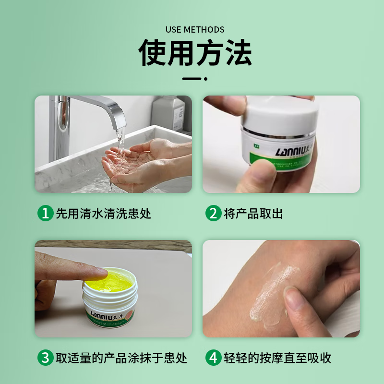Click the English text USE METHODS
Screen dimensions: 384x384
click(x=195, y=30)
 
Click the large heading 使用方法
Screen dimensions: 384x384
click(x=195, y=54)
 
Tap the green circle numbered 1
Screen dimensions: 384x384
click(x=45, y=213)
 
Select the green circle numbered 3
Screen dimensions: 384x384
click(x=45, y=358)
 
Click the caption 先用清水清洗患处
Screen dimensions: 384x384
click(x=103, y=213)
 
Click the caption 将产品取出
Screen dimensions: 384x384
click(x=253, y=213)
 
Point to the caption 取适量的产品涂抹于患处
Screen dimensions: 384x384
click(x=121, y=358)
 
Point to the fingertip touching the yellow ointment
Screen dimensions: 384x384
click(x=98, y=274)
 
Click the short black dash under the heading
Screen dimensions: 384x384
click(x=195, y=78)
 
